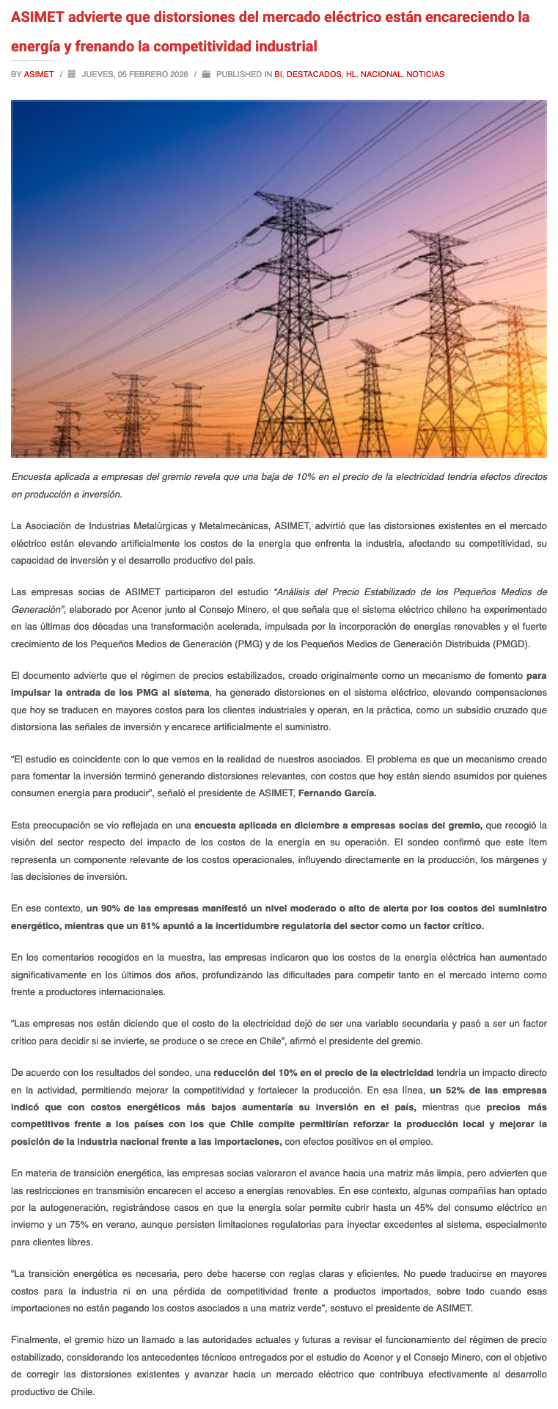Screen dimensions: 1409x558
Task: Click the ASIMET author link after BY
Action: [39, 74]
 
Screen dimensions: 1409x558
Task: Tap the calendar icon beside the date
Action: [72, 74]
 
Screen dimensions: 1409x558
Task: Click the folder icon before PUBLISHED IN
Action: [206, 74]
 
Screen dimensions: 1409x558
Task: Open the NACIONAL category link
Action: [381, 74]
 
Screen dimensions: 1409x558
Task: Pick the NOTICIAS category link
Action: [425, 74]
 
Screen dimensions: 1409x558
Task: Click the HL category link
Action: [351, 74]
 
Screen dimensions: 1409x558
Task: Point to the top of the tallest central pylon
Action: [261, 195]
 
